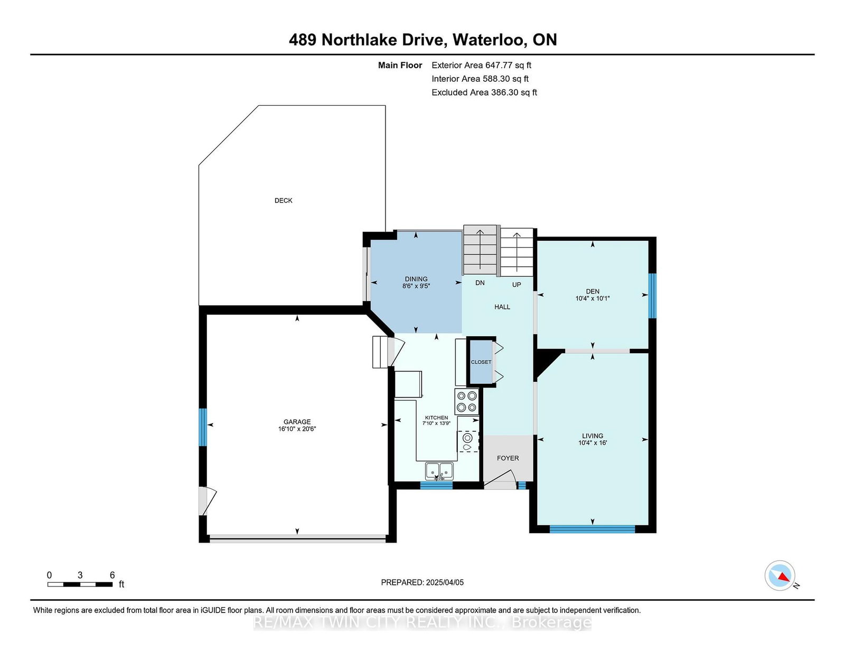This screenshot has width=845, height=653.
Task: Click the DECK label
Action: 283,201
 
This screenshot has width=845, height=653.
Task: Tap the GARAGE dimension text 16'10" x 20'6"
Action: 297,429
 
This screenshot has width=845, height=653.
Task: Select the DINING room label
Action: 416,279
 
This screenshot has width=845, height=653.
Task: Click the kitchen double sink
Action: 439,470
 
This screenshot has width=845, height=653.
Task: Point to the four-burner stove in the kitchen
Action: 467,401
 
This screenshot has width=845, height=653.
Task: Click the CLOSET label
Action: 481,362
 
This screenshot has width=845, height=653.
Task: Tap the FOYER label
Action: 508,458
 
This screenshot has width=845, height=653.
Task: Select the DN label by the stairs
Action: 480,283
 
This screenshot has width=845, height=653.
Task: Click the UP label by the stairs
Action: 517,285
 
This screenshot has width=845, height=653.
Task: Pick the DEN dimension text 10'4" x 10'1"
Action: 593,299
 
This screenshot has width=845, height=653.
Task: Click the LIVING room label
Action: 593,436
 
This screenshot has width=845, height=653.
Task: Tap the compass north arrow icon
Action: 780,575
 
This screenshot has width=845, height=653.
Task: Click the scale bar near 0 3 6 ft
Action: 80,584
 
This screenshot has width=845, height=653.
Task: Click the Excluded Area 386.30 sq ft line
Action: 484,92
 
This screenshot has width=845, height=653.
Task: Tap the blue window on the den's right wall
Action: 652,296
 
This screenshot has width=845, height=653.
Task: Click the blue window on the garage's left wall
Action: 202,427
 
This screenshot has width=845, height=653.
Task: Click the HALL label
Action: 502,307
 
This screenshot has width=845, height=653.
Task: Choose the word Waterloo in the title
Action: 490,40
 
